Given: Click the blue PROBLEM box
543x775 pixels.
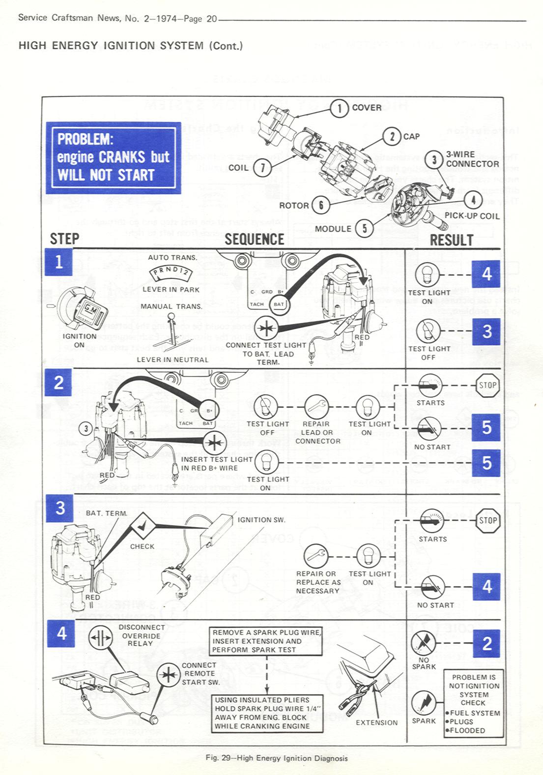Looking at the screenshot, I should pyautogui.click(x=114, y=157).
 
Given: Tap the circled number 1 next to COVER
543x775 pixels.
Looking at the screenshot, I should pyautogui.click(x=339, y=108).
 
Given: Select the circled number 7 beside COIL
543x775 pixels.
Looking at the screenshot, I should pyautogui.click(x=262, y=168).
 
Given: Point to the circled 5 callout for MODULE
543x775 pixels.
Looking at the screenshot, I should pyautogui.click(x=364, y=229).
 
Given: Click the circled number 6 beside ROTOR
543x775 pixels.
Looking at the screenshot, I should pyautogui.click(x=321, y=205).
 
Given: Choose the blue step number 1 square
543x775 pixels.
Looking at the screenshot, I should pyautogui.click(x=58, y=262).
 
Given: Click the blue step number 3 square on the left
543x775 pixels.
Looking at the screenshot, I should pyautogui.click(x=60, y=508).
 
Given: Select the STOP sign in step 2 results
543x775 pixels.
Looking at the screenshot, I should pyautogui.click(x=488, y=385).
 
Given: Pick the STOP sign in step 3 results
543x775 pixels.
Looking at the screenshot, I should pyautogui.click(x=488, y=521).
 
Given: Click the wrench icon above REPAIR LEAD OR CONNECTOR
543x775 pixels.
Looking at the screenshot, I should pyautogui.click(x=316, y=406).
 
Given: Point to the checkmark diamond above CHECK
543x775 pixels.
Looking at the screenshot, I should pyautogui.click(x=142, y=526).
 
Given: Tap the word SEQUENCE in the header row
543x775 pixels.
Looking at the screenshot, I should pyautogui.click(x=254, y=239).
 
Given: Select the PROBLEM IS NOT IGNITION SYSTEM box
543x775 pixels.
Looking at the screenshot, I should pyautogui.click(x=474, y=703).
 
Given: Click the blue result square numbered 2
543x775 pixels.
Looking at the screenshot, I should pyautogui.click(x=486, y=643).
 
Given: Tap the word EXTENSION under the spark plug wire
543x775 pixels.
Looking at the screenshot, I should pyautogui.click(x=377, y=722).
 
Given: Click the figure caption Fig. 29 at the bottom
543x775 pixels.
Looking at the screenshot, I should pyautogui.click(x=276, y=758).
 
